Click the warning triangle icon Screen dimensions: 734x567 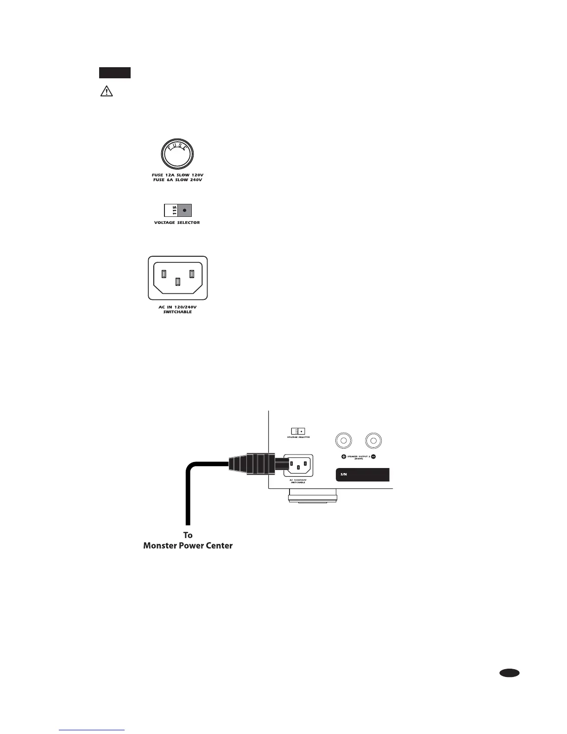(107, 92)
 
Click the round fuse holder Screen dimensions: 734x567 (177, 154)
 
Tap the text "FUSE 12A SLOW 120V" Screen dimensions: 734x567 (178, 175)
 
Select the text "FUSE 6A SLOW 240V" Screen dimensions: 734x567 (178, 180)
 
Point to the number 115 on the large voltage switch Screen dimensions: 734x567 (172, 210)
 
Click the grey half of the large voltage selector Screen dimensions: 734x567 (185, 210)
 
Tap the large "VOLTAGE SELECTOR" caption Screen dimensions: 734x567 (177, 222)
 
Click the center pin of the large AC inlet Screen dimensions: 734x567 (177, 281)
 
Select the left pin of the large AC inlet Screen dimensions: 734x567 (164, 274)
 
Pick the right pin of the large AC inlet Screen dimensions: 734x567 (191, 274)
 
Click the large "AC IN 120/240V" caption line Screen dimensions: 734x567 (177, 307)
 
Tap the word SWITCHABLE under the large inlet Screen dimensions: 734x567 (177, 312)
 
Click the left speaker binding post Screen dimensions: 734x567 (343, 440)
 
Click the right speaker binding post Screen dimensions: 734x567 (373, 440)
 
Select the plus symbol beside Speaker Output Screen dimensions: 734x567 (344, 457)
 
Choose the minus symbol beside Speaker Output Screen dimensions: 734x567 (373, 457)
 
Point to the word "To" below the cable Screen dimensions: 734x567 (188, 535)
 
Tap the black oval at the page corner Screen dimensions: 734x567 (510, 673)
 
